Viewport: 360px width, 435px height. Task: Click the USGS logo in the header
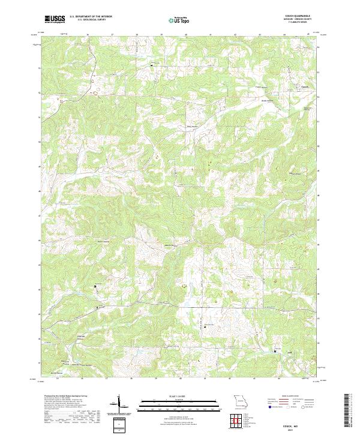[55, 19]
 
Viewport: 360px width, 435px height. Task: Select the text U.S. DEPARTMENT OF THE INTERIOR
[91, 17]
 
